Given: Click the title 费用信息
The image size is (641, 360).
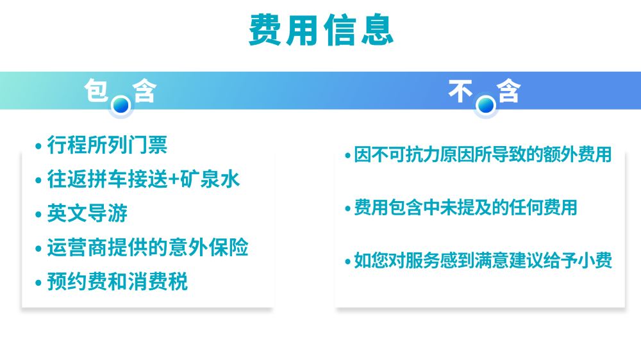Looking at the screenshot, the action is (x=321, y=30).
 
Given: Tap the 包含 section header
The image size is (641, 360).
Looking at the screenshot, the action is (x=121, y=91).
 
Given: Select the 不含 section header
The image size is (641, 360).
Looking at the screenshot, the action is (x=485, y=91).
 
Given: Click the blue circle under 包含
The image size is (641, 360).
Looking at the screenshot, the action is (x=121, y=106).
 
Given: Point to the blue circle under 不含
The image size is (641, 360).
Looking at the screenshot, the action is (x=486, y=106).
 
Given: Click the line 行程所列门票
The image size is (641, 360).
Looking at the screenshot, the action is (x=107, y=145).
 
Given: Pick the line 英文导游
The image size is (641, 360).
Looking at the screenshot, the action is (x=87, y=213).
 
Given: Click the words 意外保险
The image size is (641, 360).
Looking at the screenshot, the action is (x=208, y=247).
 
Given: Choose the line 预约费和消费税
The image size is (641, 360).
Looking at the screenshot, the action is (x=117, y=282).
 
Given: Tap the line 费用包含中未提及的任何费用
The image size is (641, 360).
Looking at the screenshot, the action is (x=465, y=207).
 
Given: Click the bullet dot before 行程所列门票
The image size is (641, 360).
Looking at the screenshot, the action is (x=38, y=146).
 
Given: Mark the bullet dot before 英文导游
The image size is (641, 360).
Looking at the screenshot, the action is (x=38, y=215).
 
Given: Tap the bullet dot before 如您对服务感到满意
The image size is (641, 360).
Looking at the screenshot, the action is (x=348, y=261).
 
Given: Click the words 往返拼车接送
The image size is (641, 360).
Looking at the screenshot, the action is (x=107, y=179).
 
